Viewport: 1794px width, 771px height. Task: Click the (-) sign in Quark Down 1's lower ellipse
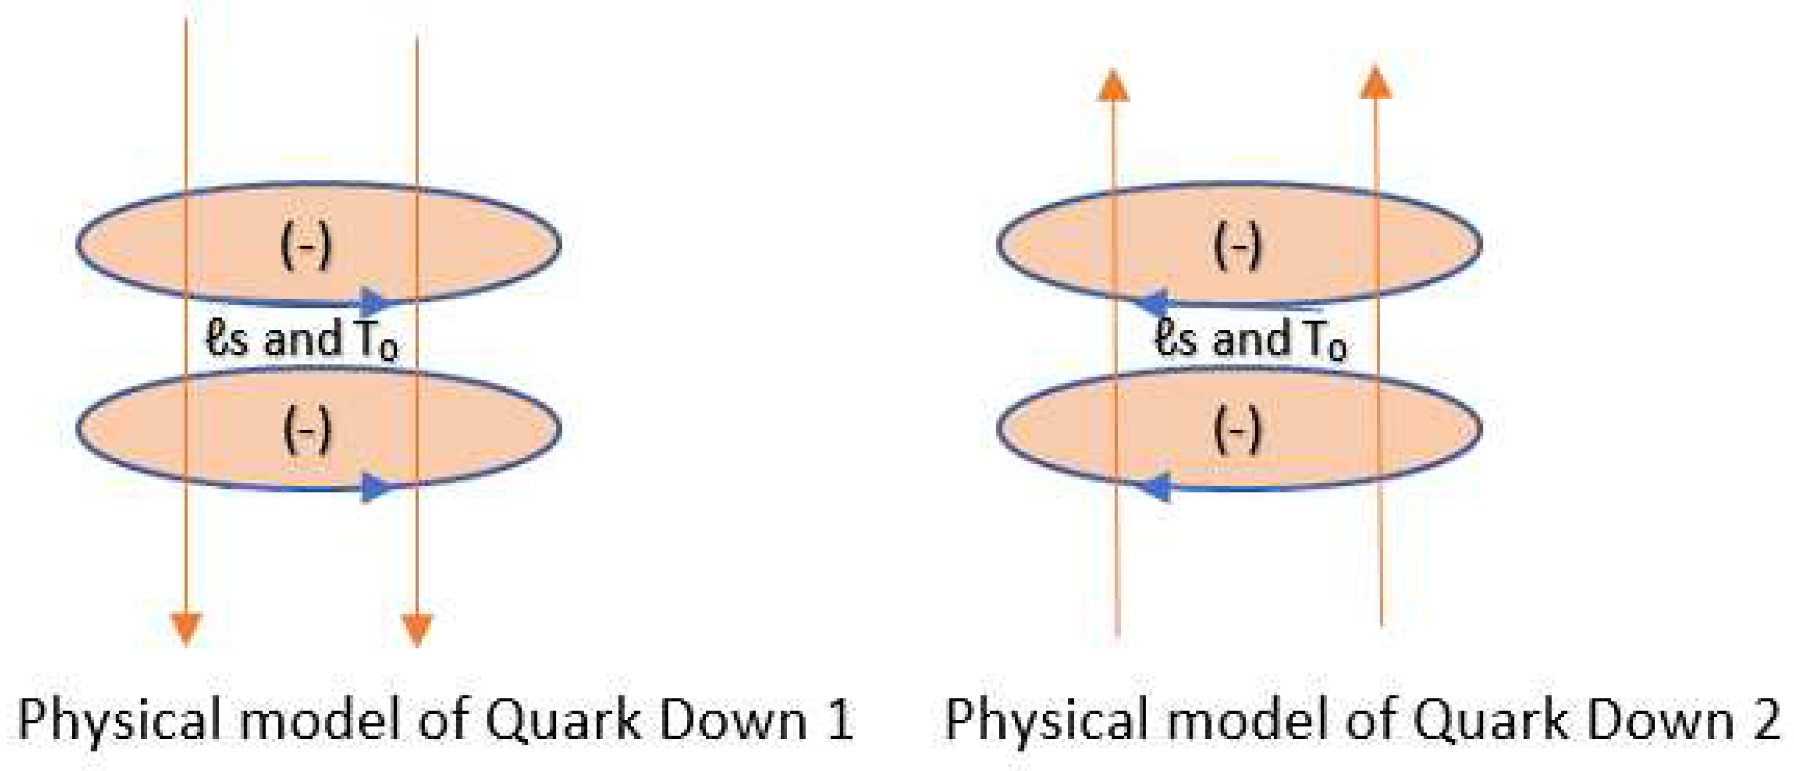[x=306, y=430]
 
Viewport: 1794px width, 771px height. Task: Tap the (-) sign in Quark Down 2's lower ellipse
[x=1237, y=430]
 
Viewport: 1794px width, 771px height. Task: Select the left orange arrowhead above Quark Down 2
[x=1113, y=86]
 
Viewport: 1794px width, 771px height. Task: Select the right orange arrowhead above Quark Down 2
[x=1375, y=82]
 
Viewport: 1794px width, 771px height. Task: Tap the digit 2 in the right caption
[x=1766, y=720]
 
